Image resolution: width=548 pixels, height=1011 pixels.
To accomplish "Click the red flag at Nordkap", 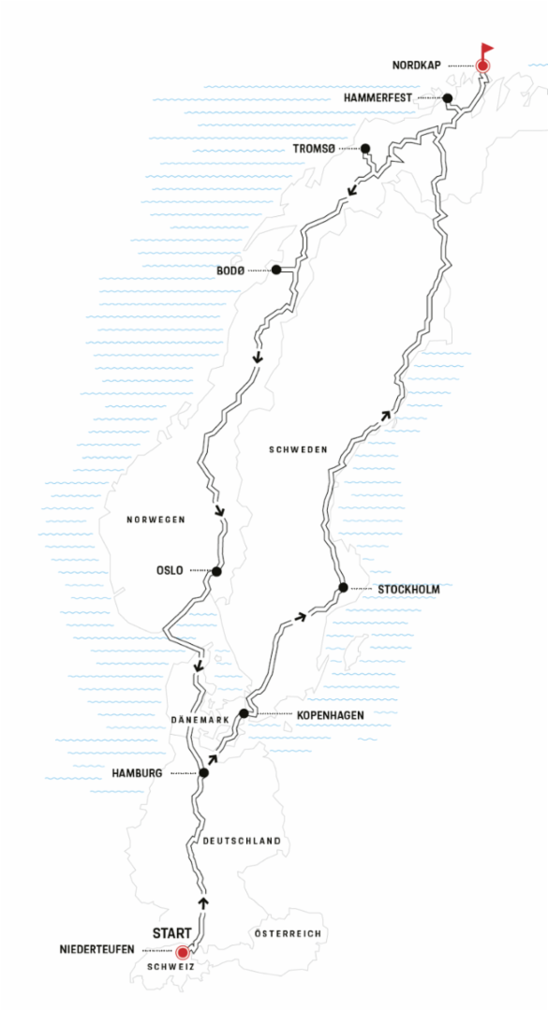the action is pyautogui.click(x=486, y=51).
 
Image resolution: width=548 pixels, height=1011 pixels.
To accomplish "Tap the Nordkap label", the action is pyautogui.click(x=416, y=66).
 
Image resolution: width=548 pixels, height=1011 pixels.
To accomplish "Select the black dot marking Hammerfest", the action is pyautogui.click(x=447, y=98).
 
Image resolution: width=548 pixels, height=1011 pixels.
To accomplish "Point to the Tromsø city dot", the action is pyautogui.click(x=365, y=149).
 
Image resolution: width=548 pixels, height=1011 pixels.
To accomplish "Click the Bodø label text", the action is pyautogui.click(x=230, y=271).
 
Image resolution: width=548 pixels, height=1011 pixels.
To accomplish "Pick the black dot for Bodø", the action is pyautogui.click(x=276, y=270).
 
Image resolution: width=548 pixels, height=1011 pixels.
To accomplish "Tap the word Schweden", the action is pyautogui.click(x=298, y=450).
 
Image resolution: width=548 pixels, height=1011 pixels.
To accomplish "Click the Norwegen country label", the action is pyautogui.click(x=156, y=520).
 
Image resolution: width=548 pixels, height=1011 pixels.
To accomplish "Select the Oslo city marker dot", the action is pyautogui.click(x=216, y=571).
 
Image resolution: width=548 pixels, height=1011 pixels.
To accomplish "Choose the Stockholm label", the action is pyautogui.click(x=408, y=590).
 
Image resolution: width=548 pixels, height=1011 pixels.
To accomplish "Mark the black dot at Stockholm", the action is pyautogui.click(x=344, y=587).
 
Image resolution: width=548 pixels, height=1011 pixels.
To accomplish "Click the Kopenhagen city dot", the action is pyautogui.click(x=244, y=713).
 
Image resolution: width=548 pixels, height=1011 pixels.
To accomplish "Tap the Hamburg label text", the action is pyautogui.click(x=137, y=773).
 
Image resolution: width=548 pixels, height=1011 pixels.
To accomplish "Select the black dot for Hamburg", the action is pyautogui.click(x=204, y=772).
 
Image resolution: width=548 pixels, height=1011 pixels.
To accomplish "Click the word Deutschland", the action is pyautogui.click(x=242, y=841).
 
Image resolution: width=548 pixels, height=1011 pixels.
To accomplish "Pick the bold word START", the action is pyautogui.click(x=171, y=933).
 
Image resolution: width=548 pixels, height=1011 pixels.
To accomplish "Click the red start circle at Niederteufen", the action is pyautogui.click(x=183, y=952).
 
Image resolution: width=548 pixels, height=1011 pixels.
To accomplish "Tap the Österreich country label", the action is pyautogui.click(x=288, y=933).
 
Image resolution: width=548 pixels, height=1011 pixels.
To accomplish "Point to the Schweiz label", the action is pyautogui.click(x=171, y=967).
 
